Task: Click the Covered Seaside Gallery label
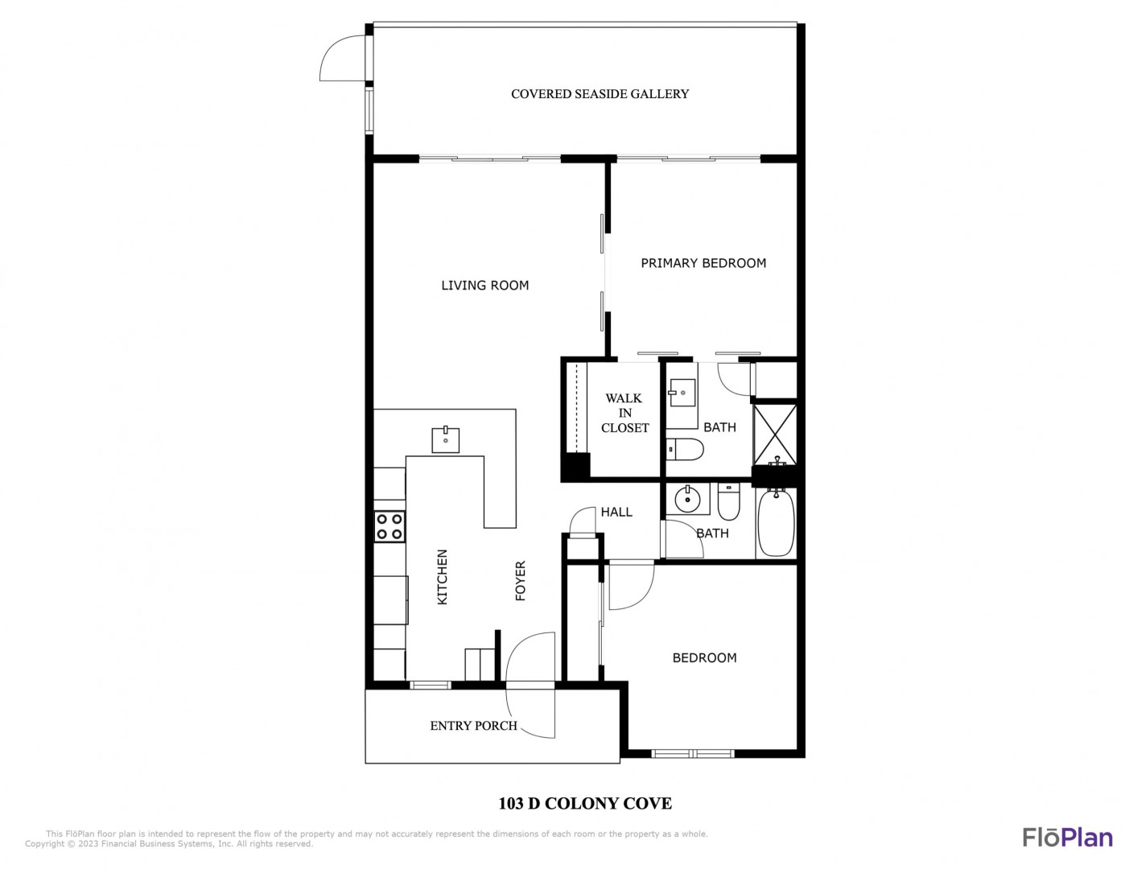click(x=600, y=93)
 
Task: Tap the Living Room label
click(x=484, y=285)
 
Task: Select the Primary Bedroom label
click(x=703, y=263)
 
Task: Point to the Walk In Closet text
click(x=624, y=413)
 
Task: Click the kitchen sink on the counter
click(x=445, y=440)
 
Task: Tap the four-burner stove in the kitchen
click(x=389, y=526)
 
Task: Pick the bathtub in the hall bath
click(x=776, y=523)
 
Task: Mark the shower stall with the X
click(x=774, y=434)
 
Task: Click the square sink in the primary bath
click(x=682, y=393)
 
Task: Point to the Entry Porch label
click(x=473, y=726)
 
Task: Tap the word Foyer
click(x=521, y=581)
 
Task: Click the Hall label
click(x=616, y=512)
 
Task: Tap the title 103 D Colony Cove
click(x=584, y=803)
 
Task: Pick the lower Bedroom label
click(x=704, y=658)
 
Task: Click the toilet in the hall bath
click(x=728, y=501)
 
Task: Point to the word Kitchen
click(x=442, y=577)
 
